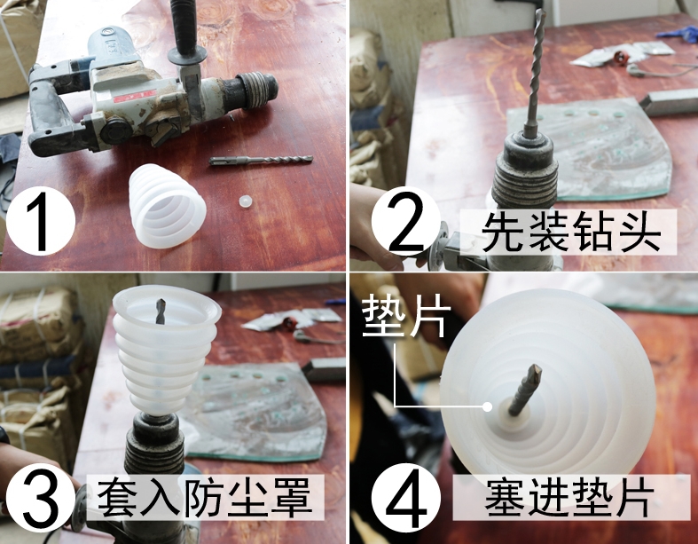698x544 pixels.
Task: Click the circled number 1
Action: pos(41,221)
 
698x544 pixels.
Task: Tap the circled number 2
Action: pos(405,221)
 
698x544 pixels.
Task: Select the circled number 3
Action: pos(41,497)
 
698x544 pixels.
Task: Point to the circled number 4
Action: pos(405,497)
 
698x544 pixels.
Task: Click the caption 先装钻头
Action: pos(570,233)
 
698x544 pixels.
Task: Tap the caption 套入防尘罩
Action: pos(205,498)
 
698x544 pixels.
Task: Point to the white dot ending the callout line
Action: pos(488,406)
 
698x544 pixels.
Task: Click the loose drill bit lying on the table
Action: pos(261,160)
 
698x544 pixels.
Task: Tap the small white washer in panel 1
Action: pos(246,201)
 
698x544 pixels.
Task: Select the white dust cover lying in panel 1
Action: pos(167,205)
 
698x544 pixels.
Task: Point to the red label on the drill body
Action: pos(135,96)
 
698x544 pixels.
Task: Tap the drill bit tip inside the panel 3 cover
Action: pos(161,311)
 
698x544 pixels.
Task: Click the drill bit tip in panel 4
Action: pos(534,372)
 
